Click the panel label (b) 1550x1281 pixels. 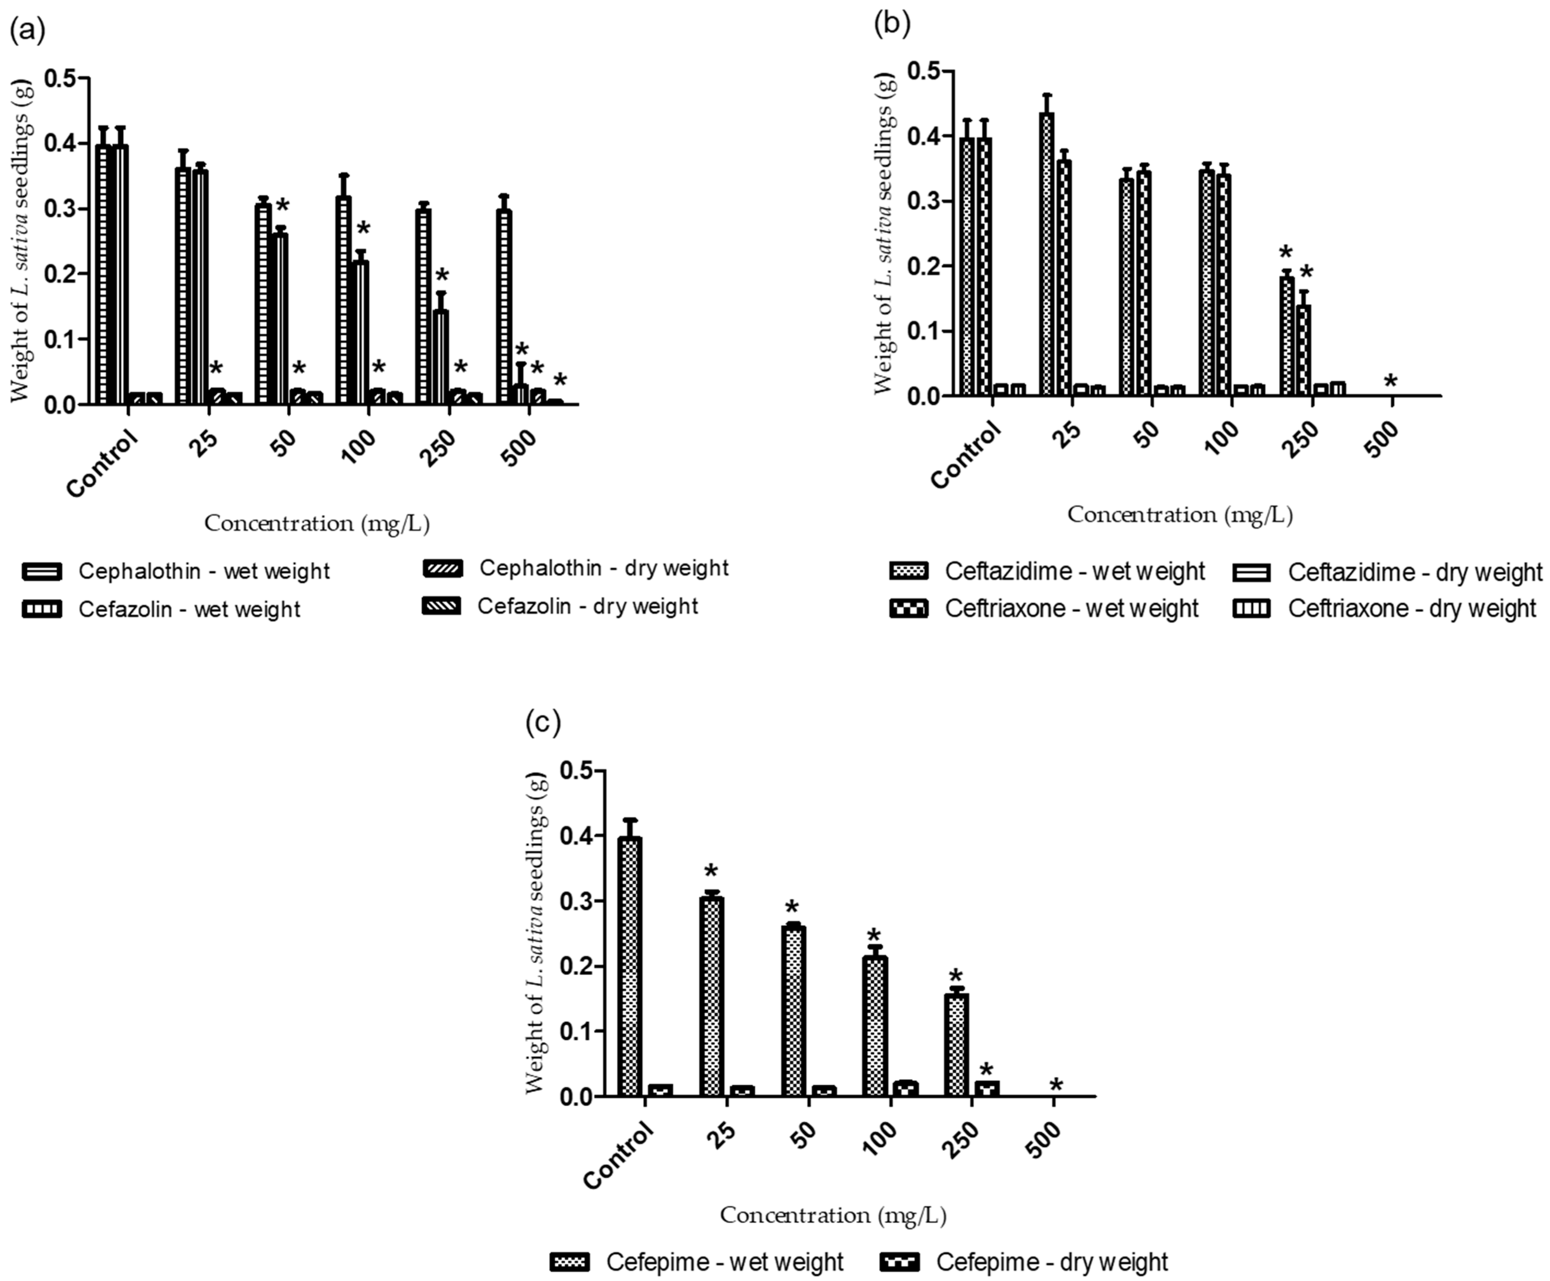[892, 23]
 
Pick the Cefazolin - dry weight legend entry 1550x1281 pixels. [560, 606]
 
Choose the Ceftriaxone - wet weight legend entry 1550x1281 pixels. [1044, 609]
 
